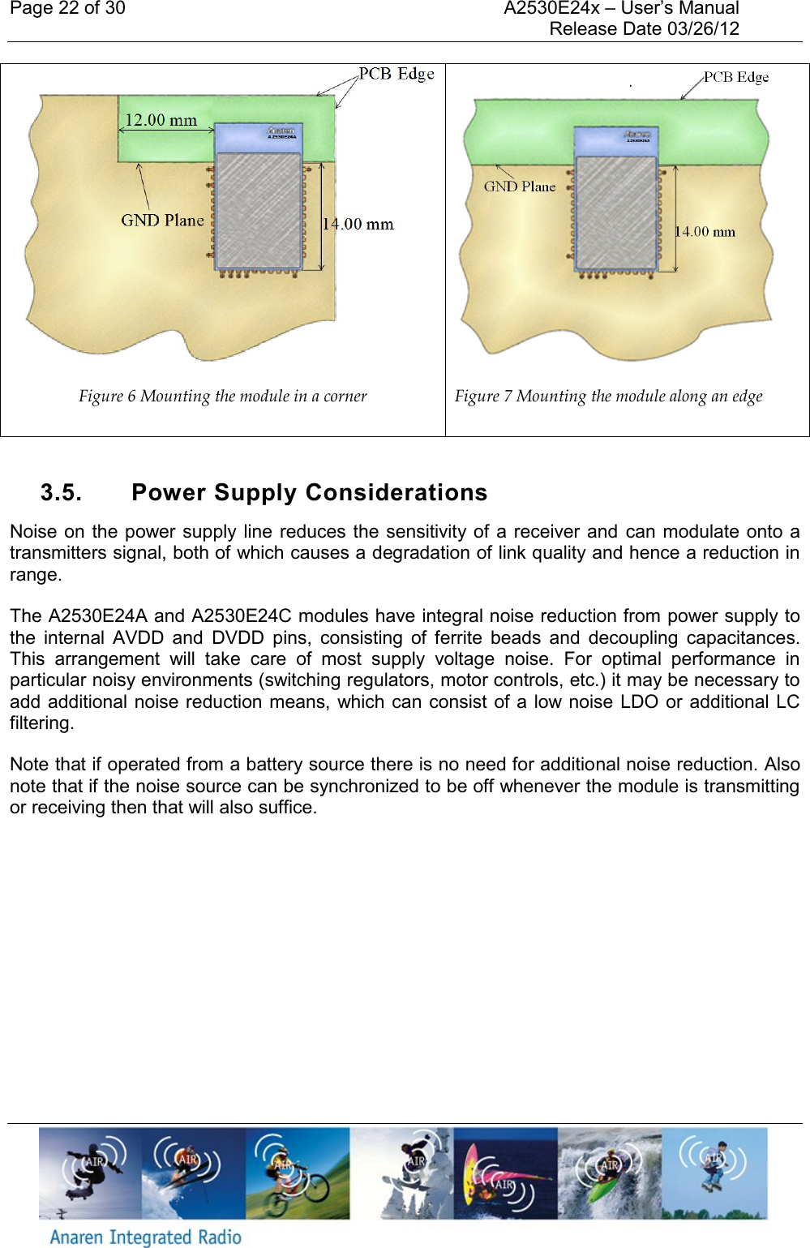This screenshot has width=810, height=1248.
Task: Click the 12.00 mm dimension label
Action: click(x=161, y=121)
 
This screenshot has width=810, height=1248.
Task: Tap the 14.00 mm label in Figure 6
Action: click(x=358, y=225)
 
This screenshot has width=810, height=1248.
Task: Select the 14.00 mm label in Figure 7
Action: click(x=705, y=232)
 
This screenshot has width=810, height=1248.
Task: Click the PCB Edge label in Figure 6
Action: click(x=396, y=74)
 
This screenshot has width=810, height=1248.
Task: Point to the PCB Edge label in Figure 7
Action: click(x=735, y=77)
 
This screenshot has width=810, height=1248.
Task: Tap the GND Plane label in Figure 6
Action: click(x=162, y=221)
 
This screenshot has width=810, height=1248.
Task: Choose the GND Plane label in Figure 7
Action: click(x=520, y=187)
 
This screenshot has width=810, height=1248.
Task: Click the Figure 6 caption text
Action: click(x=222, y=397)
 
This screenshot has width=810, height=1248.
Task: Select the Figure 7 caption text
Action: click(x=608, y=397)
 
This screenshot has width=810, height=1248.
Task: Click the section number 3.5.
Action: click(x=61, y=493)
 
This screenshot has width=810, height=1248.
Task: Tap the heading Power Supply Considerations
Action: click(x=309, y=493)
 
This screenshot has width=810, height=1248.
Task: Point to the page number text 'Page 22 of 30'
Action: click(x=67, y=9)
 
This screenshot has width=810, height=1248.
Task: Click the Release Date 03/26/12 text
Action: click(x=644, y=29)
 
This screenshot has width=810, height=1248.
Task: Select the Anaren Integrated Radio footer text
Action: click(x=146, y=1237)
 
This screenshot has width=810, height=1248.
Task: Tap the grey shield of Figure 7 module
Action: click(x=615, y=211)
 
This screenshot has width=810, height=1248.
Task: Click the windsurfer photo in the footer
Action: click(x=504, y=1173)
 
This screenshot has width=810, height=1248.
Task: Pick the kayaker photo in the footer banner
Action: click(x=609, y=1173)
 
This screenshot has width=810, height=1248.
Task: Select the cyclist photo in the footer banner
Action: click(x=298, y=1173)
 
